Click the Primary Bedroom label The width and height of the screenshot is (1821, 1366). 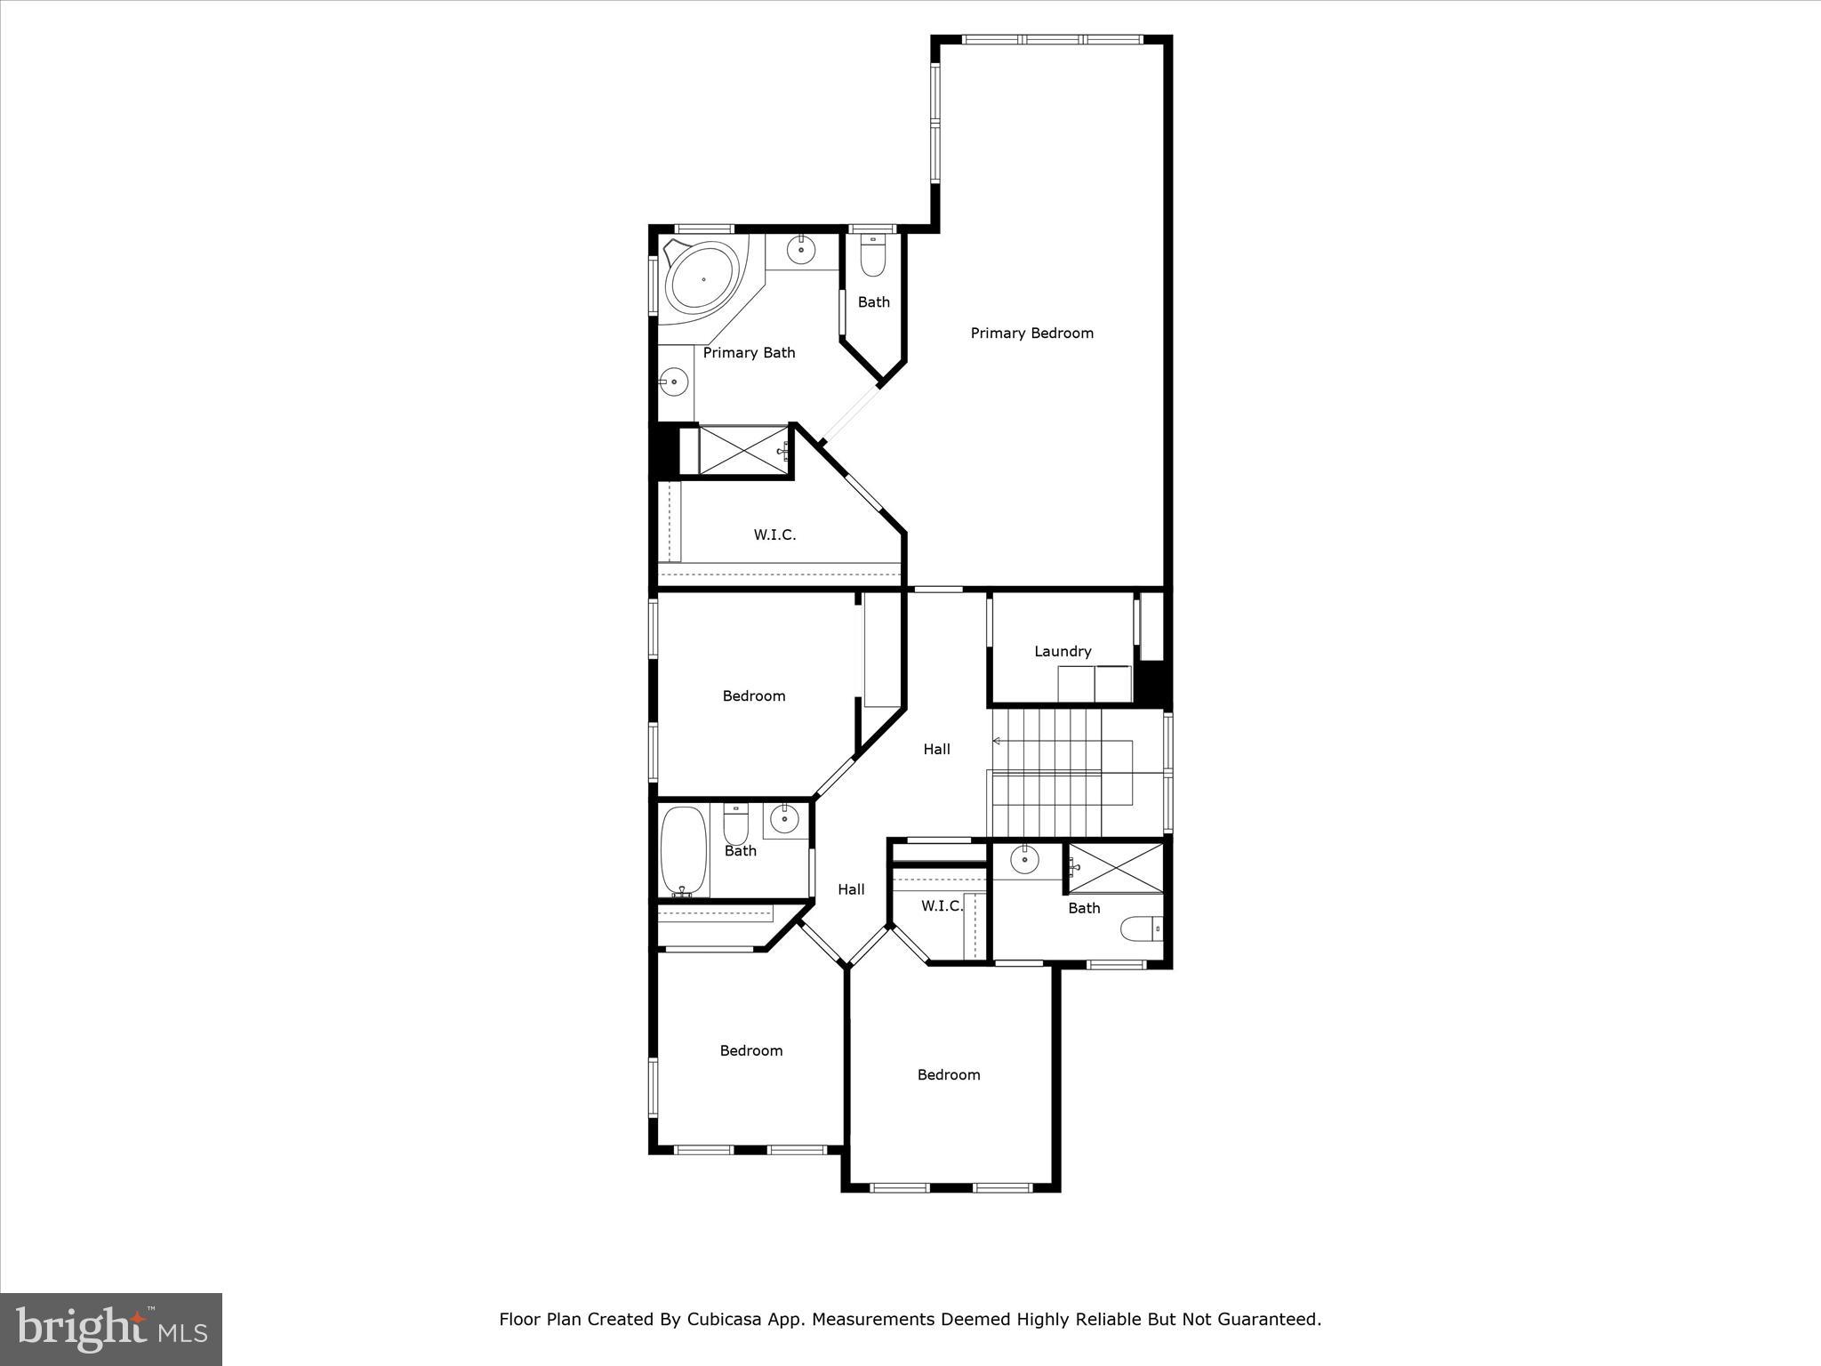click(1031, 333)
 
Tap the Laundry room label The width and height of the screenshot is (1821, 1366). click(1063, 652)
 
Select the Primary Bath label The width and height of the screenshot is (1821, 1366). click(749, 353)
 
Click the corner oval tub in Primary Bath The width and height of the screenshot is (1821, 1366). click(703, 279)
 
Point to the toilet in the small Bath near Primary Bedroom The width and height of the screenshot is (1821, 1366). click(873, 257)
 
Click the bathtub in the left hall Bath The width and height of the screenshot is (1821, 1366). click(684, 851)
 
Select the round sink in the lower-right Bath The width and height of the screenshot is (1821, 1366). click(1024, 860)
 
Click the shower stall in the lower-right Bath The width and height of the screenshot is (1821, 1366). click(1116, 867)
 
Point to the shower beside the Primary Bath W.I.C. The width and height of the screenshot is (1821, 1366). click(743, 451)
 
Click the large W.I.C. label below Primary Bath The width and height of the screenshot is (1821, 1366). click(774, 535)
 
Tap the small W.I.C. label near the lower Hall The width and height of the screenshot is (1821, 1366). click(942, 906)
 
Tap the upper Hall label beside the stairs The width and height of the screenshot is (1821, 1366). click(936, 750)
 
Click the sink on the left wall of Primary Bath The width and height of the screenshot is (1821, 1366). click(674, 383)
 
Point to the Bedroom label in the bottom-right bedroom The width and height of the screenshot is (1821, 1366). click(949, 1075)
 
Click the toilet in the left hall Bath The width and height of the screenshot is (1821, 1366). click(735, 826)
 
